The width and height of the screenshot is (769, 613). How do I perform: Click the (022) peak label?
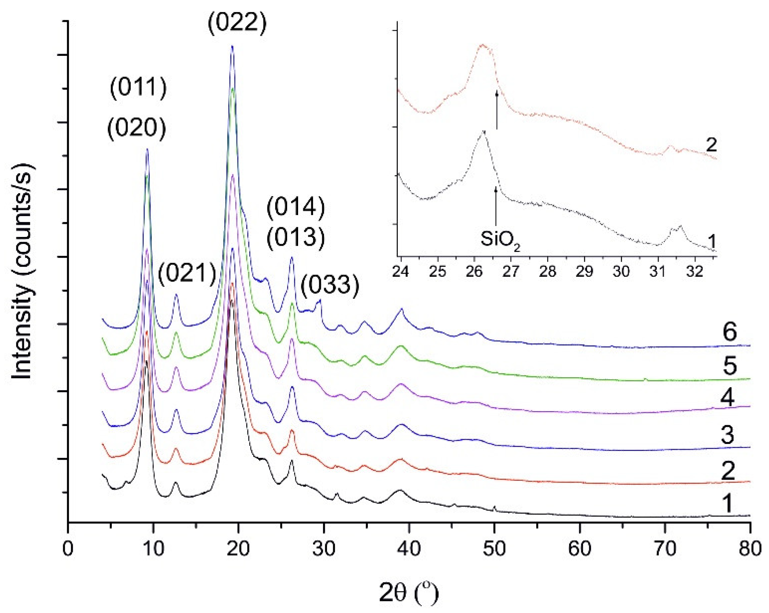click(237, 23)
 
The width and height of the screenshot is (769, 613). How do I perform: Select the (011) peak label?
click(138, 88)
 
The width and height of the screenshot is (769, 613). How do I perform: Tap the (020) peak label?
click(137, 128)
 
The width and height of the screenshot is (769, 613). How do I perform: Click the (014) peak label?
click(296, 207)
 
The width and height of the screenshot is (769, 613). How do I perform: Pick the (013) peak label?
click(296, 237)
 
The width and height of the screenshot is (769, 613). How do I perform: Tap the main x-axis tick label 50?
click(494, 549)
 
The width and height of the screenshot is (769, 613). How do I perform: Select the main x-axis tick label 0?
click(68, 549)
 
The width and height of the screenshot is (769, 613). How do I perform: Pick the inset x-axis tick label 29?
click(584, 272)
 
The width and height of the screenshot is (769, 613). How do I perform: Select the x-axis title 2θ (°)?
click(408, 593)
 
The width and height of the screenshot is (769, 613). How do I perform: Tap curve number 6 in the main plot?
click(730, 332)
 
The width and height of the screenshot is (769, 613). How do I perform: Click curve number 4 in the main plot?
click(727, 397)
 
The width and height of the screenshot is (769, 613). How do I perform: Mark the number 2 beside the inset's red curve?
click(711, 145)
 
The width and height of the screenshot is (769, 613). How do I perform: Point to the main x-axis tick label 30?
click(324, 549)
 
